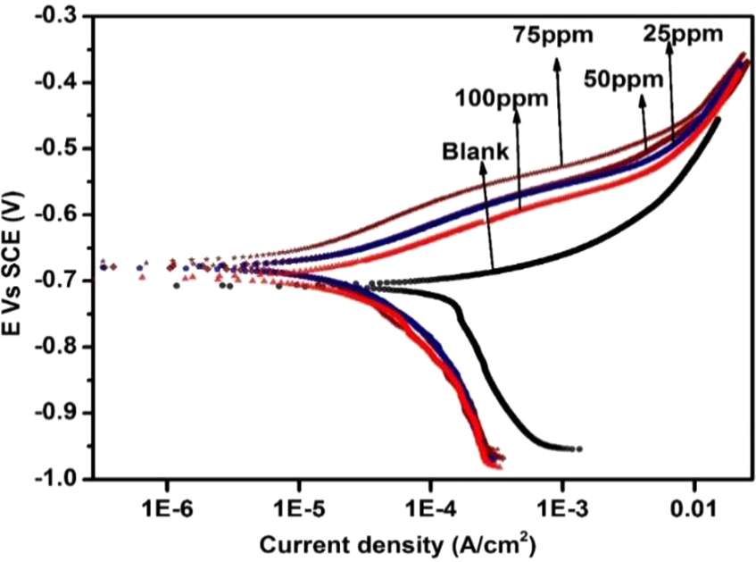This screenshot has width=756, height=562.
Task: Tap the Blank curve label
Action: [x=476, y=151]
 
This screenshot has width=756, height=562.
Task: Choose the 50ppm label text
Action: [x=625, y=79]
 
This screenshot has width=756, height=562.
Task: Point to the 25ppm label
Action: [x=683, y=33]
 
